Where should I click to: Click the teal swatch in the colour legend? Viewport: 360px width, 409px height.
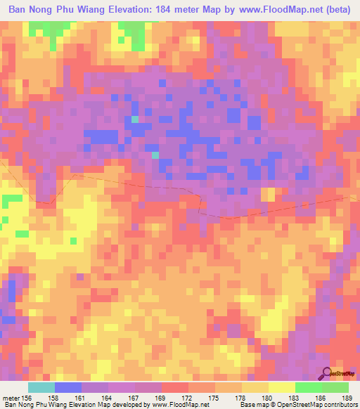[x=41, y=387]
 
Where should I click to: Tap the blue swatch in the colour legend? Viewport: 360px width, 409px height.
[x=67, y=387]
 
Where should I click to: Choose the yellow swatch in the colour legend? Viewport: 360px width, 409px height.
[x=281, y=387]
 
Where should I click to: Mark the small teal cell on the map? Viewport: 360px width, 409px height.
[x=134, y=119]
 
